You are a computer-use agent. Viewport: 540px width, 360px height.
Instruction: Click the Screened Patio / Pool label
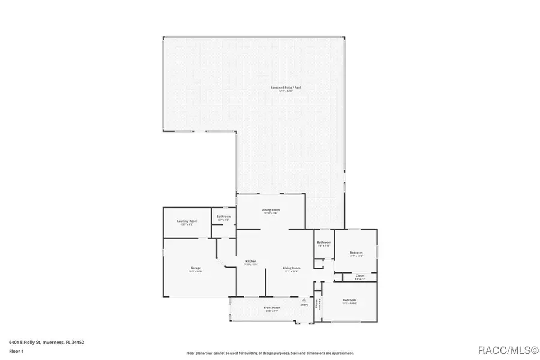click(x=285, y=88)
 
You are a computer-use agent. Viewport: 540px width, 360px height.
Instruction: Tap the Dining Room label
click(x=271, y=209)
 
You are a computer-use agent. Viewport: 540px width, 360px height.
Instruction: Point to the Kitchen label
click(x=251, y=262)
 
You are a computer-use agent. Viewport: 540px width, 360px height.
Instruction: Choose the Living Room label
click(x=292, y=268)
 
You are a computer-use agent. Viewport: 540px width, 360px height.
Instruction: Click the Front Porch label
click(x=272, y=308)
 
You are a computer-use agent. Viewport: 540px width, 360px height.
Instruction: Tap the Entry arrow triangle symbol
click(x=304, y=299)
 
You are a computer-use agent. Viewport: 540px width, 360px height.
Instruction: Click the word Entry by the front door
click(x=304, y=305)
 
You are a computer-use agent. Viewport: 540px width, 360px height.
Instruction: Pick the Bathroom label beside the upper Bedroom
click(x=324, y=242)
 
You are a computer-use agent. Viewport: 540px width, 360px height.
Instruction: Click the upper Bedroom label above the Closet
click(x=356, y=253)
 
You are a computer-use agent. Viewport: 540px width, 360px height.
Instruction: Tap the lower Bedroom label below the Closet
click(x=349, y=299)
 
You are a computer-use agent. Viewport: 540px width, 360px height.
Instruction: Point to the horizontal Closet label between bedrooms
click(x=359, y=276)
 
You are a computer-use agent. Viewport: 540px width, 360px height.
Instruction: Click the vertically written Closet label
click(x=316, y=303)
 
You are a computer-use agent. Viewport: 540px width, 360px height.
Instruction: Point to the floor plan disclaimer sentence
click(x=270, y=353)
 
